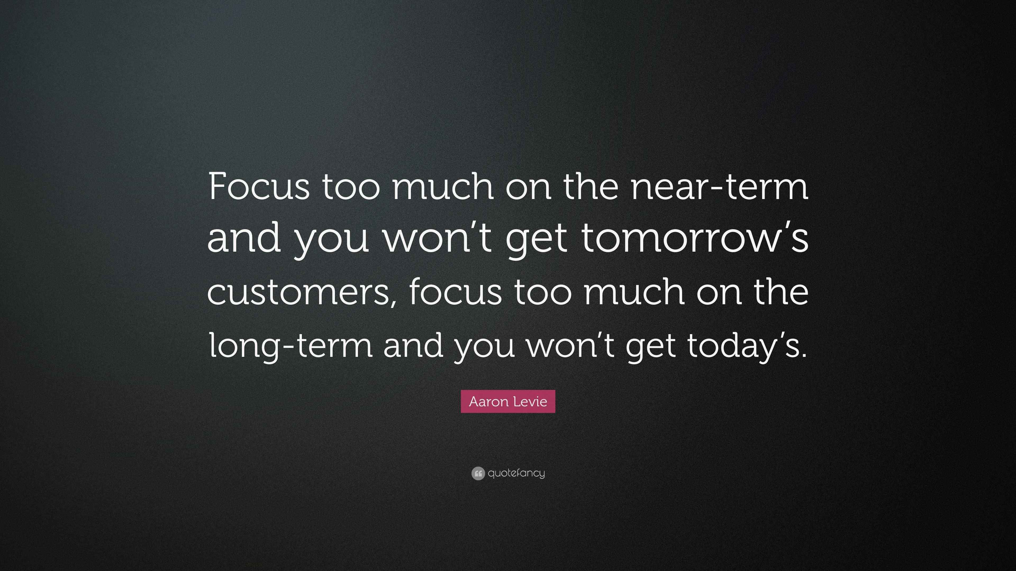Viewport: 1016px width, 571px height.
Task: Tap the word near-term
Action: (719, 186)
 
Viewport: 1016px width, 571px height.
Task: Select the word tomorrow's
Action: (695, 239)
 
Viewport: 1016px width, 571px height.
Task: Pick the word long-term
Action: (291, 346)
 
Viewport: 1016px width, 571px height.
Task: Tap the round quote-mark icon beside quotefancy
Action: (478, 473)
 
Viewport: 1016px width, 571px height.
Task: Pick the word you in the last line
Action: (484, 346)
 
